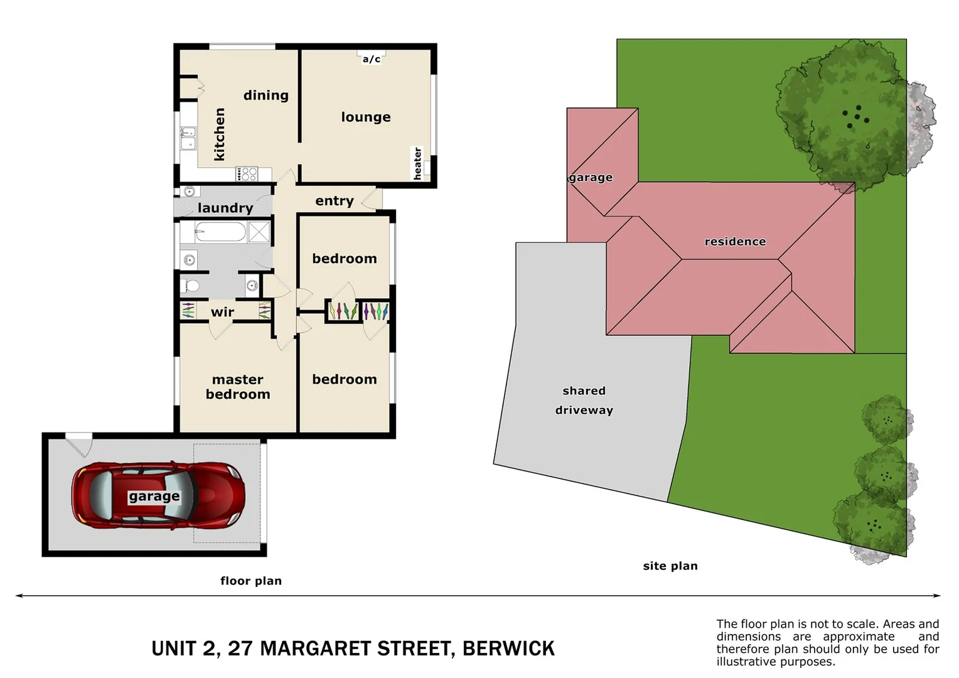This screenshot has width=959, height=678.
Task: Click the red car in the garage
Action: pyautogui.click(x=158, y=496)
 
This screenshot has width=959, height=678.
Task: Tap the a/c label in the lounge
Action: pyautogui.click(x=371, y=59)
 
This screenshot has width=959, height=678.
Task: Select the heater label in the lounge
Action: pyautogui.click(x=417, y=163)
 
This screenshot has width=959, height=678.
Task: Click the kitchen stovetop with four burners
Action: pyautogui.click(x=247, y=174)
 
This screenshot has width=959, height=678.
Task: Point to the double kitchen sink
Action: pyautogui.click(x=188, y=138)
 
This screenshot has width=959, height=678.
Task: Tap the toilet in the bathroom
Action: pyautogui.click(x=190, y=286)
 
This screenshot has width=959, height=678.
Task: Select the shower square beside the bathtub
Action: pyautogui.click(x=259, y=232)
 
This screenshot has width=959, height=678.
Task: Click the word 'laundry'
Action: pyautogui.click(x=225, y=208)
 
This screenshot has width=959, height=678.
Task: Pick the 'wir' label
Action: pyautogui.click(x=222, y=312)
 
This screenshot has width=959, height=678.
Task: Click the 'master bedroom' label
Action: pyautogui.click(x=238, y=387)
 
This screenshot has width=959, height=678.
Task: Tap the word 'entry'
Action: pyautogui.click(x=334, y=201)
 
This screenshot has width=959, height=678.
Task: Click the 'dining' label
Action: pyautogui.click(x=266, y=95)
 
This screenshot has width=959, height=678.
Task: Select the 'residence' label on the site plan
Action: pyautogui.click(x=735, y=242)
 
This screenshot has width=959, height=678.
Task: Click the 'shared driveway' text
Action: pyautogui.click(x=584, y=401)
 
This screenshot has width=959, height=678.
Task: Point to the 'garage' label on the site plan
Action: pyautogui.click(x=591, y=178)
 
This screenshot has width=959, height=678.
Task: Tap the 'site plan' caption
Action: pyautogui.click(x=670, y=566)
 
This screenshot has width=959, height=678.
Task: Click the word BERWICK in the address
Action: pyautogui.click(x=508, y=648)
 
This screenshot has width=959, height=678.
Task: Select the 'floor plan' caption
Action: pyautogui.click(x=251, y=581)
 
